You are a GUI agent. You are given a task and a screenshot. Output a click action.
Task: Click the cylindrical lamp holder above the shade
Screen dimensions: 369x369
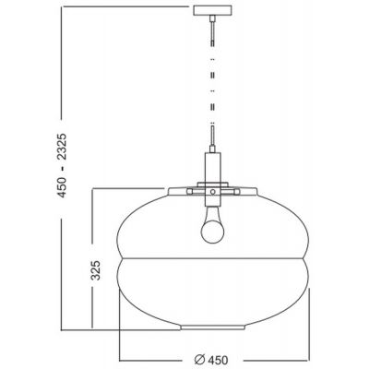click(212, 166)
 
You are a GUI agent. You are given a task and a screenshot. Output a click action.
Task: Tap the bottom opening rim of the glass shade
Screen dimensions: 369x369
click(212, 327)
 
